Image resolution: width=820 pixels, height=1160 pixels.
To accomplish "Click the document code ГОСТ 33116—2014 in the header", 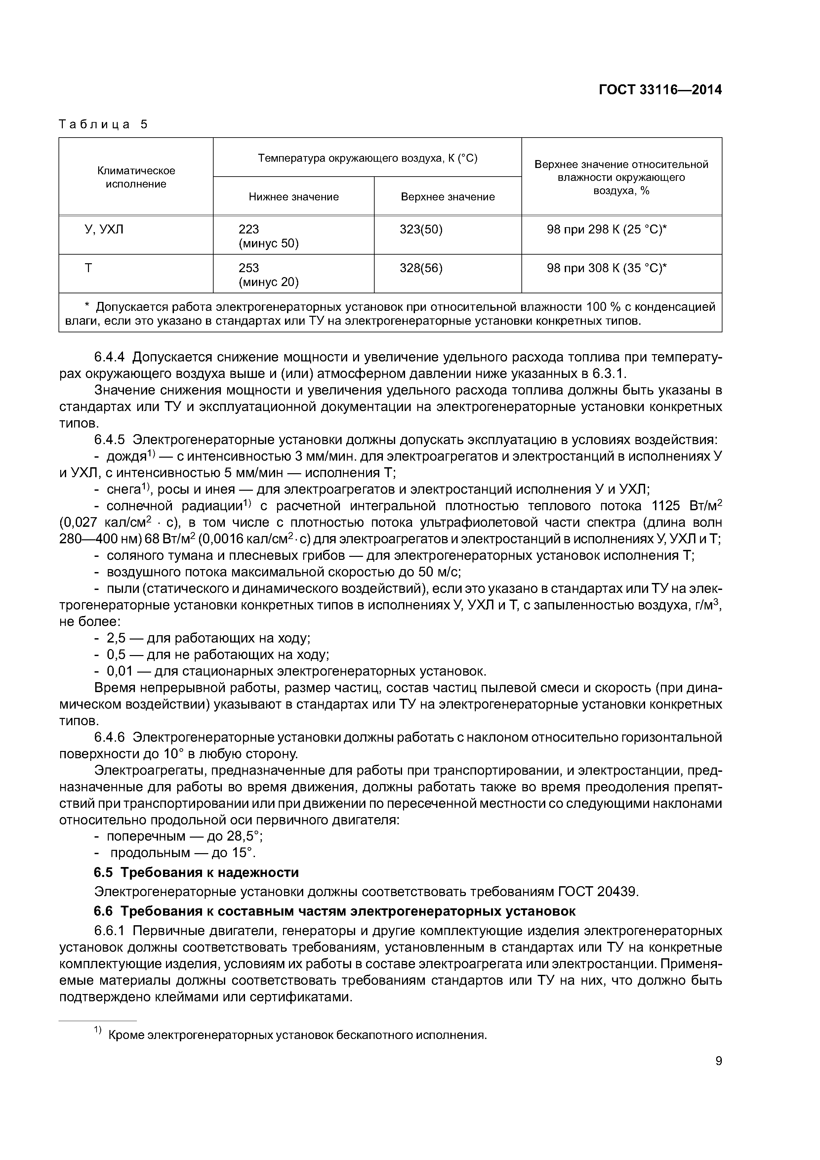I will pyautogui.click(x=660, y=90).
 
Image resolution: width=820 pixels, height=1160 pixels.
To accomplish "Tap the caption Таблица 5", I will pyautogui.click(x=103, y=124).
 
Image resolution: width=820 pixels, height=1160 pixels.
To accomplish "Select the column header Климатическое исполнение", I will pyautogui.click(x=136, y=177).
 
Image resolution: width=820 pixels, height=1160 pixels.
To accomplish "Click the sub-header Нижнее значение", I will pyautogui.click(x=294, y=197).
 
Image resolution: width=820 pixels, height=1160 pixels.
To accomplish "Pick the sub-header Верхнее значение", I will pyautogui.click(x=448, y=197).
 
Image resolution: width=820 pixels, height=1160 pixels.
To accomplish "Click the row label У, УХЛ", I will pyautogui.click(x=103, y=230).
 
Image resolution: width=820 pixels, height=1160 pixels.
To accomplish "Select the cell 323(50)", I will pyautogui.click(x=421, y=230).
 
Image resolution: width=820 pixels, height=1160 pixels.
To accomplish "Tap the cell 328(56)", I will pyautogui.click(x=421, y=268).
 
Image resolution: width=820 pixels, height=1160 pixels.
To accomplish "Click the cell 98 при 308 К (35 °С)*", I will pyautogui.click(x=606, y=268).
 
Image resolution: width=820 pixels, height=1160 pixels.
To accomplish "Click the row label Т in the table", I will pyautogui.click(x=88, y=268).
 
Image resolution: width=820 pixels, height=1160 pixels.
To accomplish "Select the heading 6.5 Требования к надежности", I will pyautogui.click(x=196, y=873).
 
